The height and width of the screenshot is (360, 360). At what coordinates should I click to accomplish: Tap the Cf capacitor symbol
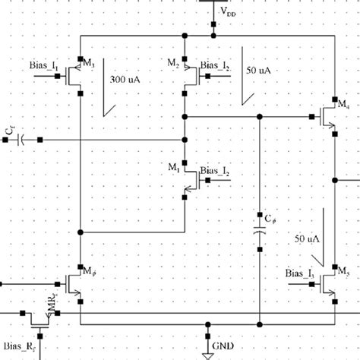[x=21, y=140]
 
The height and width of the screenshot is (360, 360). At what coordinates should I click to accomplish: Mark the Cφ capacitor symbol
[x=260, y=231]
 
